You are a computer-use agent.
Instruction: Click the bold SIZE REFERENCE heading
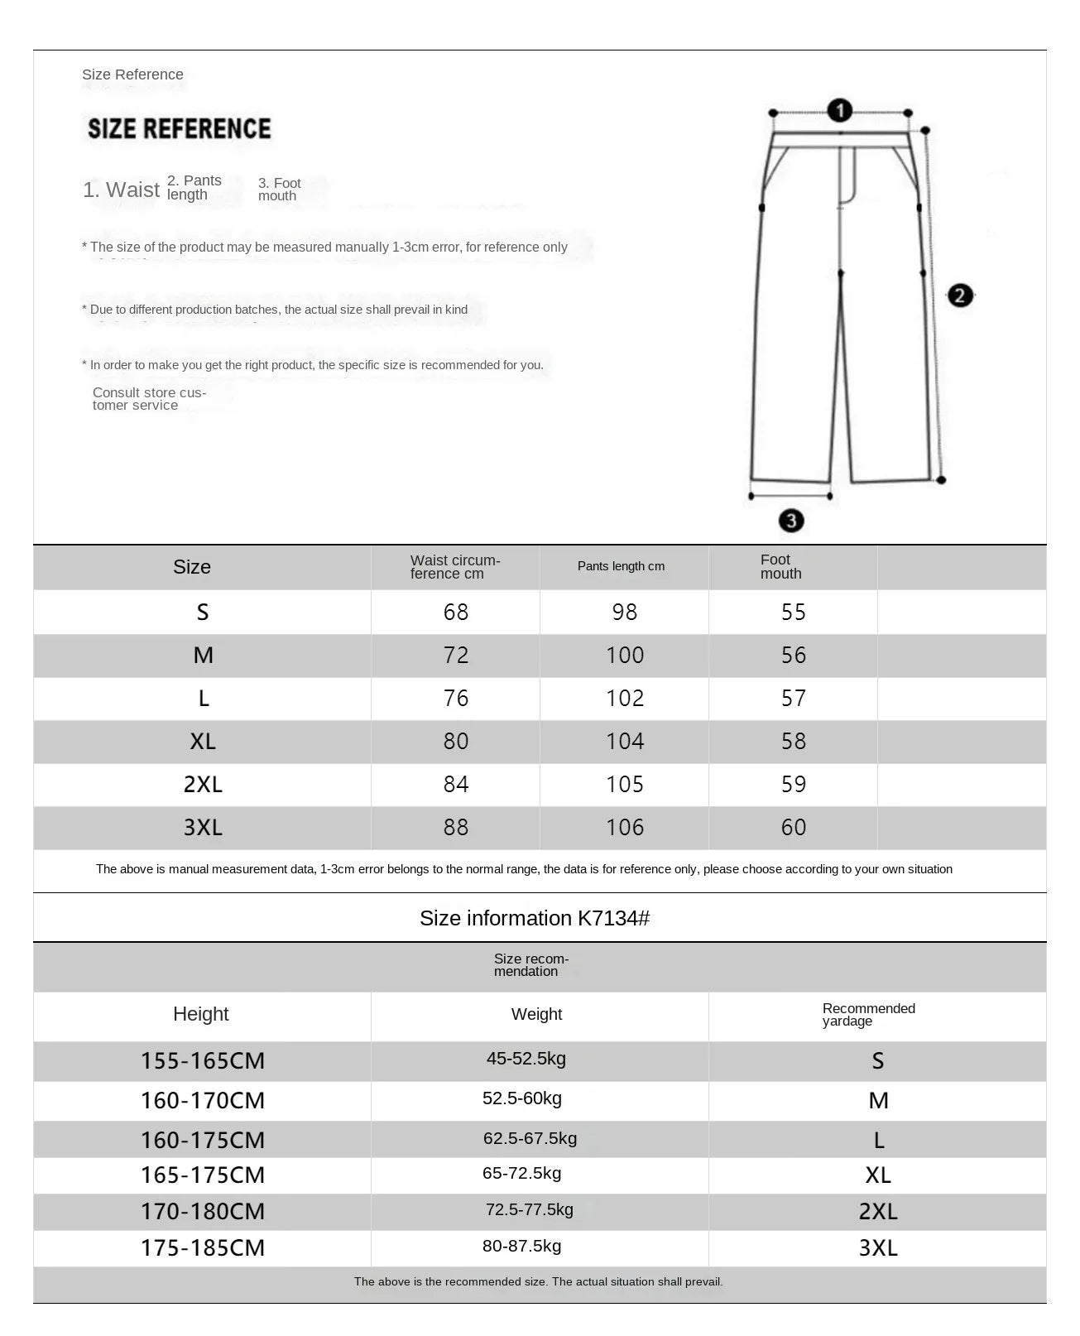click(179, 128)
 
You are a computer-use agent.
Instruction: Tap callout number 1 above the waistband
click(839, 110)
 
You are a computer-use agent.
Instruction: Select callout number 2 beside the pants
click(960, 296)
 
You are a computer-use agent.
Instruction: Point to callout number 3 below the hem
click(791, 521)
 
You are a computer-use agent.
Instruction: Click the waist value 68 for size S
click(455, 612)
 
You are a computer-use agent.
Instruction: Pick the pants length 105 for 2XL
click(624, 784)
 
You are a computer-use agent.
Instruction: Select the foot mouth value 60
click(793, 827)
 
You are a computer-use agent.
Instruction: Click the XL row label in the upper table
click(203, 741)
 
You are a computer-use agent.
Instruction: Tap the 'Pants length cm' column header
click(621, 566)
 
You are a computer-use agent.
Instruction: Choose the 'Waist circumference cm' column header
click(454, 567)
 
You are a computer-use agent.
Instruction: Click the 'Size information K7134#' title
click(534, 918)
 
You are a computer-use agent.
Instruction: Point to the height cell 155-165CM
click(203, 1060)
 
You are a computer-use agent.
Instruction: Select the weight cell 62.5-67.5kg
click(530, 1138)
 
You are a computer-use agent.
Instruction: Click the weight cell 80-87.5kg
click(521, 1246)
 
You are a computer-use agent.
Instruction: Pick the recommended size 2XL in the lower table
click(878, 1211)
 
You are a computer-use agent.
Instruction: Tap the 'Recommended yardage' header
click(868, 1014)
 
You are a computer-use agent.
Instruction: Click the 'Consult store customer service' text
click(149, 399)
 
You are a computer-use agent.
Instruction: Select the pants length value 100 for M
click(624, 655)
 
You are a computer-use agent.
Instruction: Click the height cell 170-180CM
click(203, 1211)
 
